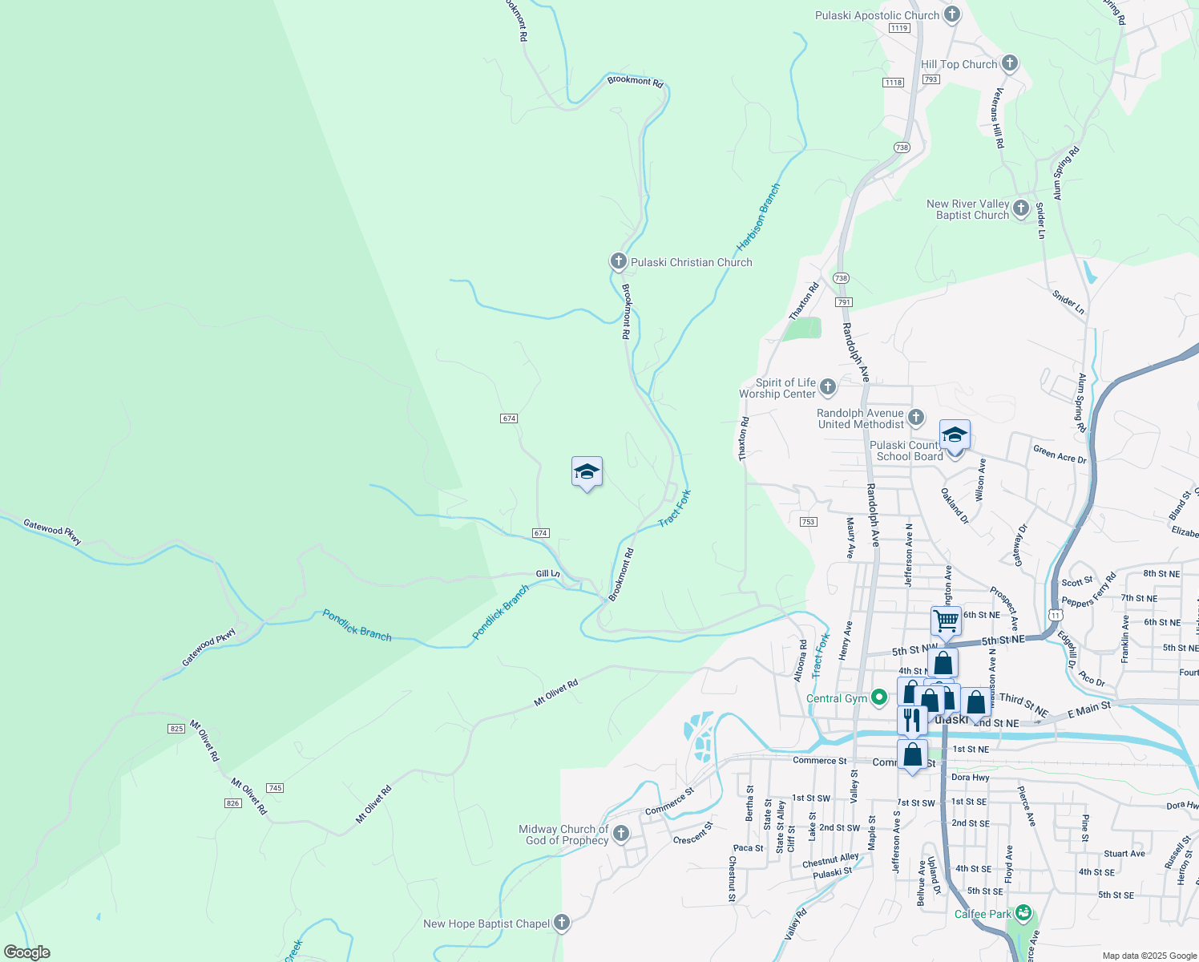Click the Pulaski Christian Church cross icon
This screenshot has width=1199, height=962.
618,261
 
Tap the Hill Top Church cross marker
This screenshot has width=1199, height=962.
1010,63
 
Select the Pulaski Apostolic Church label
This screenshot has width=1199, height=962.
877,15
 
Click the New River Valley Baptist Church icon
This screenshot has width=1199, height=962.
1020,208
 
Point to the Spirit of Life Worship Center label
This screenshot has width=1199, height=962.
777,388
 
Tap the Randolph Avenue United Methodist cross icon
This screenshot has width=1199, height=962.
916,418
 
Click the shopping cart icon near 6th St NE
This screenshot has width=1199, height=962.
946,620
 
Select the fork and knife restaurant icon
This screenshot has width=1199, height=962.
912,720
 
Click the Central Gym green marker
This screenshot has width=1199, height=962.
879,698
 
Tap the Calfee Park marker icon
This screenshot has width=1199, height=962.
1023,913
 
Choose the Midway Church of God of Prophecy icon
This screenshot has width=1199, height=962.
621,835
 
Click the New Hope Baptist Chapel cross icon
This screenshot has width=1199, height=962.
562,923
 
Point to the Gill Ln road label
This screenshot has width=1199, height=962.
548,574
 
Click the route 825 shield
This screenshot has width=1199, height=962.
176,728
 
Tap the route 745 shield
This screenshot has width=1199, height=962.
275,788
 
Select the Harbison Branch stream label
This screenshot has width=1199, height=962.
757,216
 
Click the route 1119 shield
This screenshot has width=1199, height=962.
899,28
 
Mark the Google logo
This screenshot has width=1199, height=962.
26,952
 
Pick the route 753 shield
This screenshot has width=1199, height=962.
808,522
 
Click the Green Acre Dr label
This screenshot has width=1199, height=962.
1060,455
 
